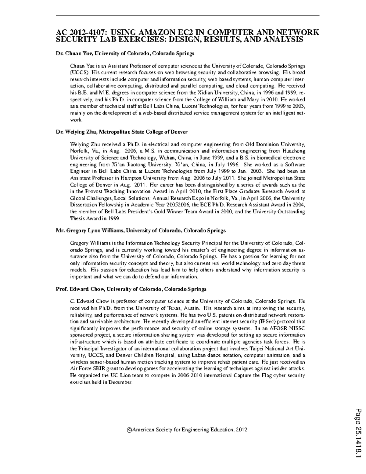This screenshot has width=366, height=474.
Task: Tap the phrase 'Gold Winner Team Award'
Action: [x=166, y=212]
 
